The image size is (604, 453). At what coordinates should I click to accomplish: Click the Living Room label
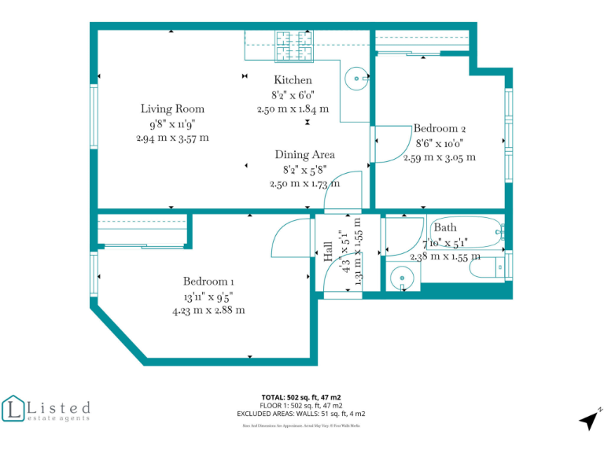(172, 109)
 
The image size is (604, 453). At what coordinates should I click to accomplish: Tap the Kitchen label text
(293, 80)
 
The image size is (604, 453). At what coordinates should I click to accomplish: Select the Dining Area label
(304, 155)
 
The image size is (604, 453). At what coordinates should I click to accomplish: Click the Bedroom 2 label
(440, 128)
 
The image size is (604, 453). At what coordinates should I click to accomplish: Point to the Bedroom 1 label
(208, 282)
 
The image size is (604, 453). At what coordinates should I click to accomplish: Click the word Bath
(445, 228)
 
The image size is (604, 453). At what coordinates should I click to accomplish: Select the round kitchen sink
(357, 78)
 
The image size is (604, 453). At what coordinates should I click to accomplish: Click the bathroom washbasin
(403, 277)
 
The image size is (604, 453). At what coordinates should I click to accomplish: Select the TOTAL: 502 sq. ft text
(301, 397)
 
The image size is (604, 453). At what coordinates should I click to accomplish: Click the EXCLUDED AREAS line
(301, 413)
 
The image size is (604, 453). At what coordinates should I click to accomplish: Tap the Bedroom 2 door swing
(389, 145)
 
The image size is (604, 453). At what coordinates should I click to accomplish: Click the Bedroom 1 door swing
(291, 239)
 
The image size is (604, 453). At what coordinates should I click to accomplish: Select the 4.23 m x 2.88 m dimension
(208, 310)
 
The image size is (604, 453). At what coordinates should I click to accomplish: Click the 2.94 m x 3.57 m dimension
(172, 138)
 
